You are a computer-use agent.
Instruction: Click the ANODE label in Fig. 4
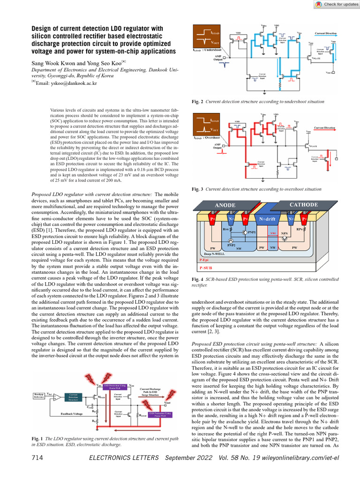[225, 205]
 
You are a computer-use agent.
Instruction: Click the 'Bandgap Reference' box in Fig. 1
[39, 397]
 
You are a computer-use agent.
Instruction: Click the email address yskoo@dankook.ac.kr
[67, 83]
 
